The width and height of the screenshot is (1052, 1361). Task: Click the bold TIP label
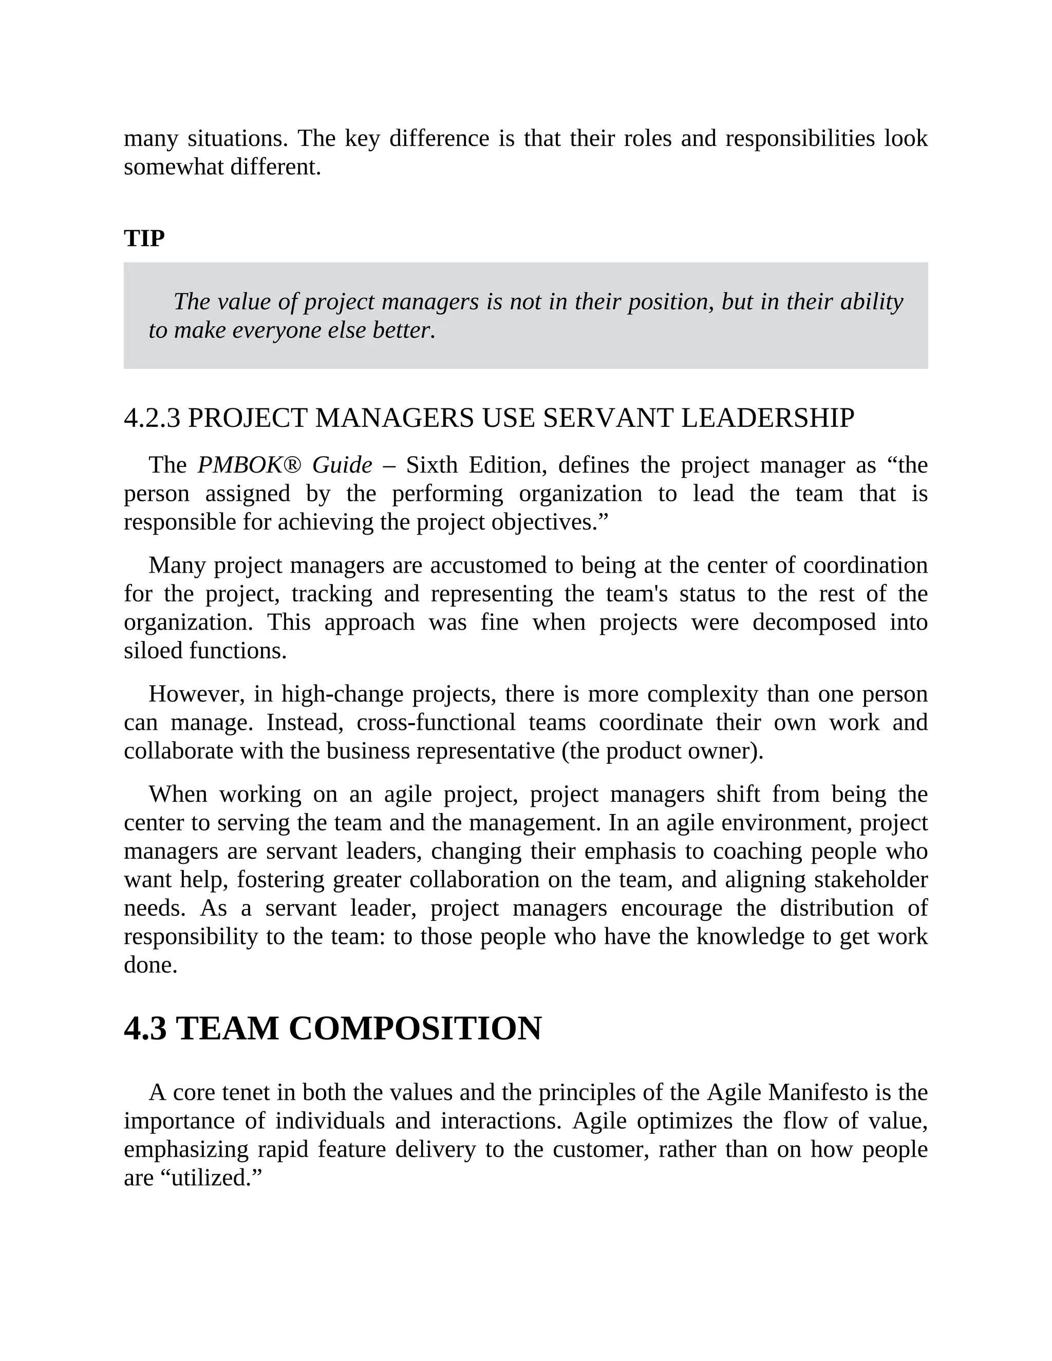[x=144, y=238]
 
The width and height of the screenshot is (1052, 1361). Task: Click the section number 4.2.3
[x=152, y=418]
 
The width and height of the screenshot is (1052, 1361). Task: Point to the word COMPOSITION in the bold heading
[x=415, y=1029]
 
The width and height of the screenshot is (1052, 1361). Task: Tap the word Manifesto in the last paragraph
[x=818, y=1092]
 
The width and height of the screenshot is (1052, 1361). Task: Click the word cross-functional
[x=436, y=722]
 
